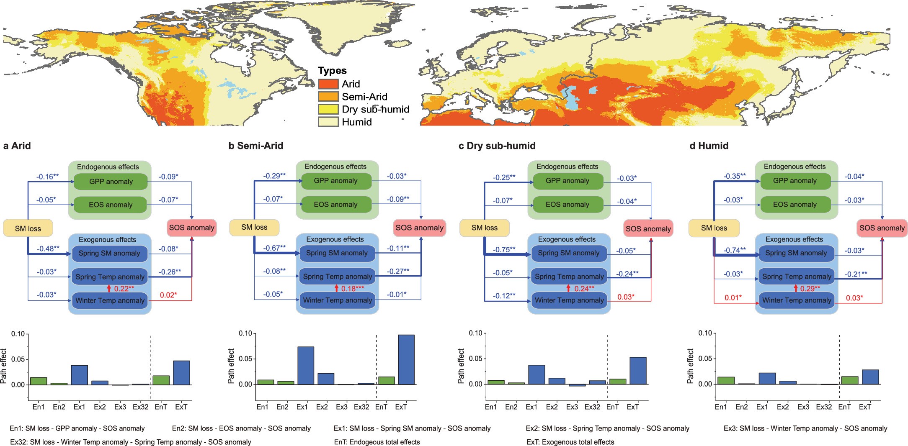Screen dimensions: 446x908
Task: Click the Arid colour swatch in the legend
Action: click(328, 84)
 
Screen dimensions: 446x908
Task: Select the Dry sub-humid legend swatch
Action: click(328, 109)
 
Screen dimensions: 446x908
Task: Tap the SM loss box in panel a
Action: click(28, 228)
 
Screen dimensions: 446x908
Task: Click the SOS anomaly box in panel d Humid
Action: click(882, 228)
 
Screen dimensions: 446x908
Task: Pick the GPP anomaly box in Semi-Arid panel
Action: click(335, 181)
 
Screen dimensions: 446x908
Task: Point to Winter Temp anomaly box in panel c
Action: click(569, 300)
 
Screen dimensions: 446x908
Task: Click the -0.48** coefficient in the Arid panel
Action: click(48, 249)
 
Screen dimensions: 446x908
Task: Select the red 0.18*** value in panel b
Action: click(353, 289)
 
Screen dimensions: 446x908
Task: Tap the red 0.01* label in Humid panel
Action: click(733, 297)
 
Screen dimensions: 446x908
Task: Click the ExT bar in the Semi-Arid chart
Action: click(406, 359)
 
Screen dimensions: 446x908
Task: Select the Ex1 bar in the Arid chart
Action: click(79, 375)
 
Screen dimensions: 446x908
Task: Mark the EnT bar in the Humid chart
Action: click(850, 380)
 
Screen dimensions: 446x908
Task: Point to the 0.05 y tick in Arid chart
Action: click(18, 359)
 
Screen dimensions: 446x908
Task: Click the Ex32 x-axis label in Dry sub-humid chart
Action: click(592, 407)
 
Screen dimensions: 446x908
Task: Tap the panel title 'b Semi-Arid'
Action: click(256, 146)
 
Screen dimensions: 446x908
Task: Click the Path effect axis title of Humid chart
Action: click(690, 366)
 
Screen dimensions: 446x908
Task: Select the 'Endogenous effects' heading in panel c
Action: click(567, 167)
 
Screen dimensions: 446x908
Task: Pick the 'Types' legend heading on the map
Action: click(332, 70)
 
